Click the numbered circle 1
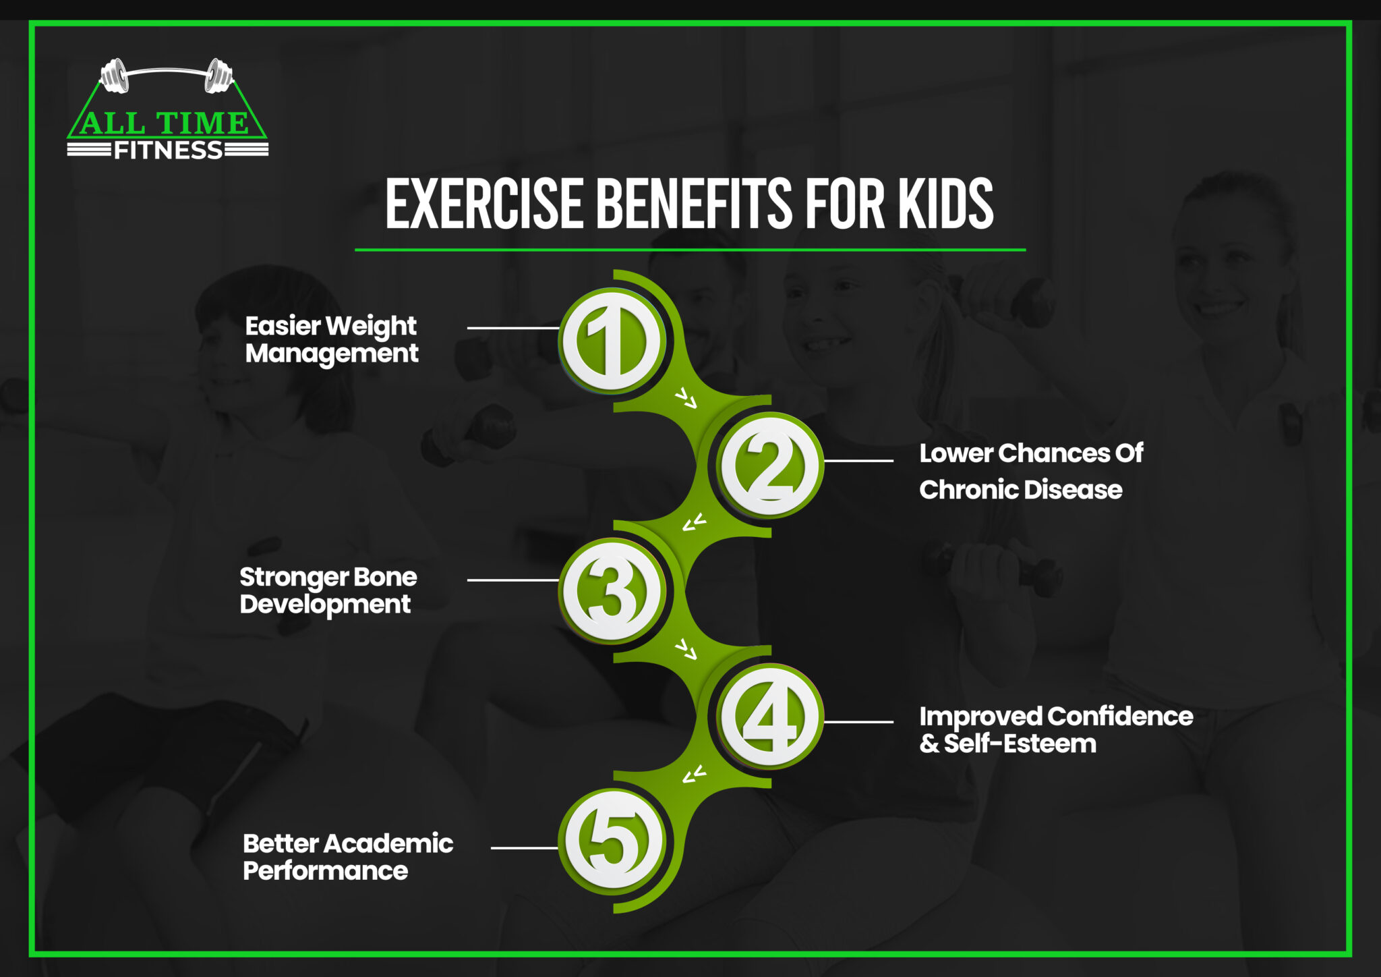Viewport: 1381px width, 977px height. [612, 341]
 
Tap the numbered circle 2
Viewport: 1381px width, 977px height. [769, 466]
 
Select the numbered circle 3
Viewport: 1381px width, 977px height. [612, 590]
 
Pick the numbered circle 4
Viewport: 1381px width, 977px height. [769, 717]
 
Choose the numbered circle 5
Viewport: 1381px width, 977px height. [612, 841]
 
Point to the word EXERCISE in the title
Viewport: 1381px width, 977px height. [484, 204]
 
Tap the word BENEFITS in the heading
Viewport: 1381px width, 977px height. [694, 204]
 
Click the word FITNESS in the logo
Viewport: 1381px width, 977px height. [168, 150]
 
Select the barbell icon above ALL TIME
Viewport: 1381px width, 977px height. [167, 74]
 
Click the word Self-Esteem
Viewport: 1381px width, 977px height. [1020, 744]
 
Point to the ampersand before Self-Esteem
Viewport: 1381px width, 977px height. [929, 744]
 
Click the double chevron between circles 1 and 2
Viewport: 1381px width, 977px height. [686, 399]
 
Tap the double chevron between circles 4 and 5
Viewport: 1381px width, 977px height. [694, 775]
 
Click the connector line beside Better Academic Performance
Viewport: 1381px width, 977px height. [524, 848]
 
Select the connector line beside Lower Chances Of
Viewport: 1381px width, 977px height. [858, 461]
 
